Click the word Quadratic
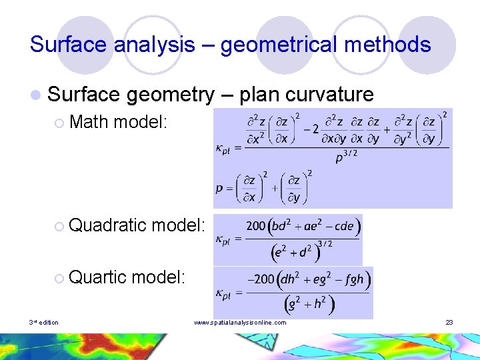(107, 225)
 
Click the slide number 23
(449, 323)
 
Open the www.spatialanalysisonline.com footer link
(240, 323)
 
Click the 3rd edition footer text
(44, 323)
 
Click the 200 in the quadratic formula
(256, 226)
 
